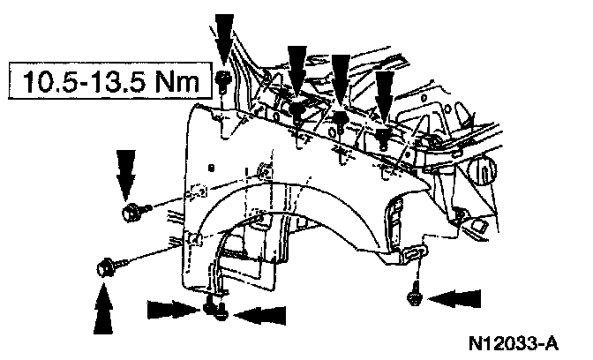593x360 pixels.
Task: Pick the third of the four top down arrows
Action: click(x=341, y=78)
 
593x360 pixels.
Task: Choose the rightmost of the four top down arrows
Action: click(x=383, y=95)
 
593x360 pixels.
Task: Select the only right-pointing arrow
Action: click(x=171, y=310)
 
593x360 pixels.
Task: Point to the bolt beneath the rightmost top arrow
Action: click(x=384, y=137)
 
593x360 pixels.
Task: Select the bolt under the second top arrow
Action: click(x=298, y=111)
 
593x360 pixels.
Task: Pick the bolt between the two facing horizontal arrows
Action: click(x=214, y=309)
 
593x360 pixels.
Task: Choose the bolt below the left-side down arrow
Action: click(x=132, y=212)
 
